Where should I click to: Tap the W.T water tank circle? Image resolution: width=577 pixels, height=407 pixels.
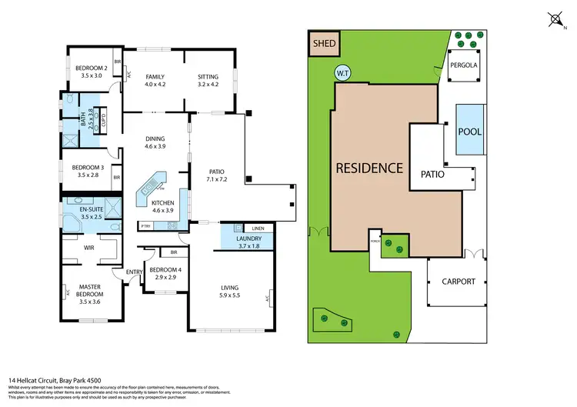pyautogui.click(x=342, y=73)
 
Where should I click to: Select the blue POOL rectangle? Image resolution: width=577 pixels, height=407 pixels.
pyautogui.click(x=469, y=131)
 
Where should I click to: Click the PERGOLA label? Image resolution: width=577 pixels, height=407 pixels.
pyautogui.click(x=464, y=65)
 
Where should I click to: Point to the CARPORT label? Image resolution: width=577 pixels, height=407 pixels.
pyautogui.click(x=459, y=282)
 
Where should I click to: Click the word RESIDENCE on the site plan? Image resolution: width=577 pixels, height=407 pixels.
pyautogui.click(x=369, y=168)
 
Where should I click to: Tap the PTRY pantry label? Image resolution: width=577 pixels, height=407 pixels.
pyautogui.click(x=145, y=226)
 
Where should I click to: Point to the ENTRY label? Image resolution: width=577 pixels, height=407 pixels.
pyautogui.click(x=135, y=272)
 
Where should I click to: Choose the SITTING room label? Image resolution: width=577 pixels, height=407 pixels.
pyautogui.click(x=208, y=77)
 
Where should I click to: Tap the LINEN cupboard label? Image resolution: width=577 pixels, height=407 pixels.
pyautogui.click(x=258, y=229)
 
